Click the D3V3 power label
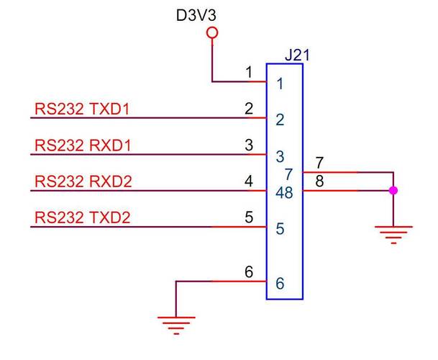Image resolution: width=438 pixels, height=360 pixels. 196,14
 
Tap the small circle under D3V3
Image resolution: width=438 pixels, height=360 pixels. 211,33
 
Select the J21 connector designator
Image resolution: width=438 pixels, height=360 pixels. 298,55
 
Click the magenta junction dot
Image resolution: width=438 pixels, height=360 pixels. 393,191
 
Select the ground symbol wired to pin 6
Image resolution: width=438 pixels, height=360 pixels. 175,325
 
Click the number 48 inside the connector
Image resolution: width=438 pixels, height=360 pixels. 283,193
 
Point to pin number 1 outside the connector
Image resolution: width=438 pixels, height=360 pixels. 249,72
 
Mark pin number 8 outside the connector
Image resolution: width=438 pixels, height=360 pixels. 319,182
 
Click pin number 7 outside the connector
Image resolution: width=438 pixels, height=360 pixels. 319,163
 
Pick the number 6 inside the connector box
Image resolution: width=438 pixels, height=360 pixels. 280,284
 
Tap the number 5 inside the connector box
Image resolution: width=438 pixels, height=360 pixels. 280,230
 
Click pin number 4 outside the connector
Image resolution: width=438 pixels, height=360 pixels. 249,181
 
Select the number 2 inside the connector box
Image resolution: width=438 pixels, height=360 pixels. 280,120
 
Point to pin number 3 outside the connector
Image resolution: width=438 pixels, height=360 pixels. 249,145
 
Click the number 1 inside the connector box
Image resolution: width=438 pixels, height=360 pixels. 280,84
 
